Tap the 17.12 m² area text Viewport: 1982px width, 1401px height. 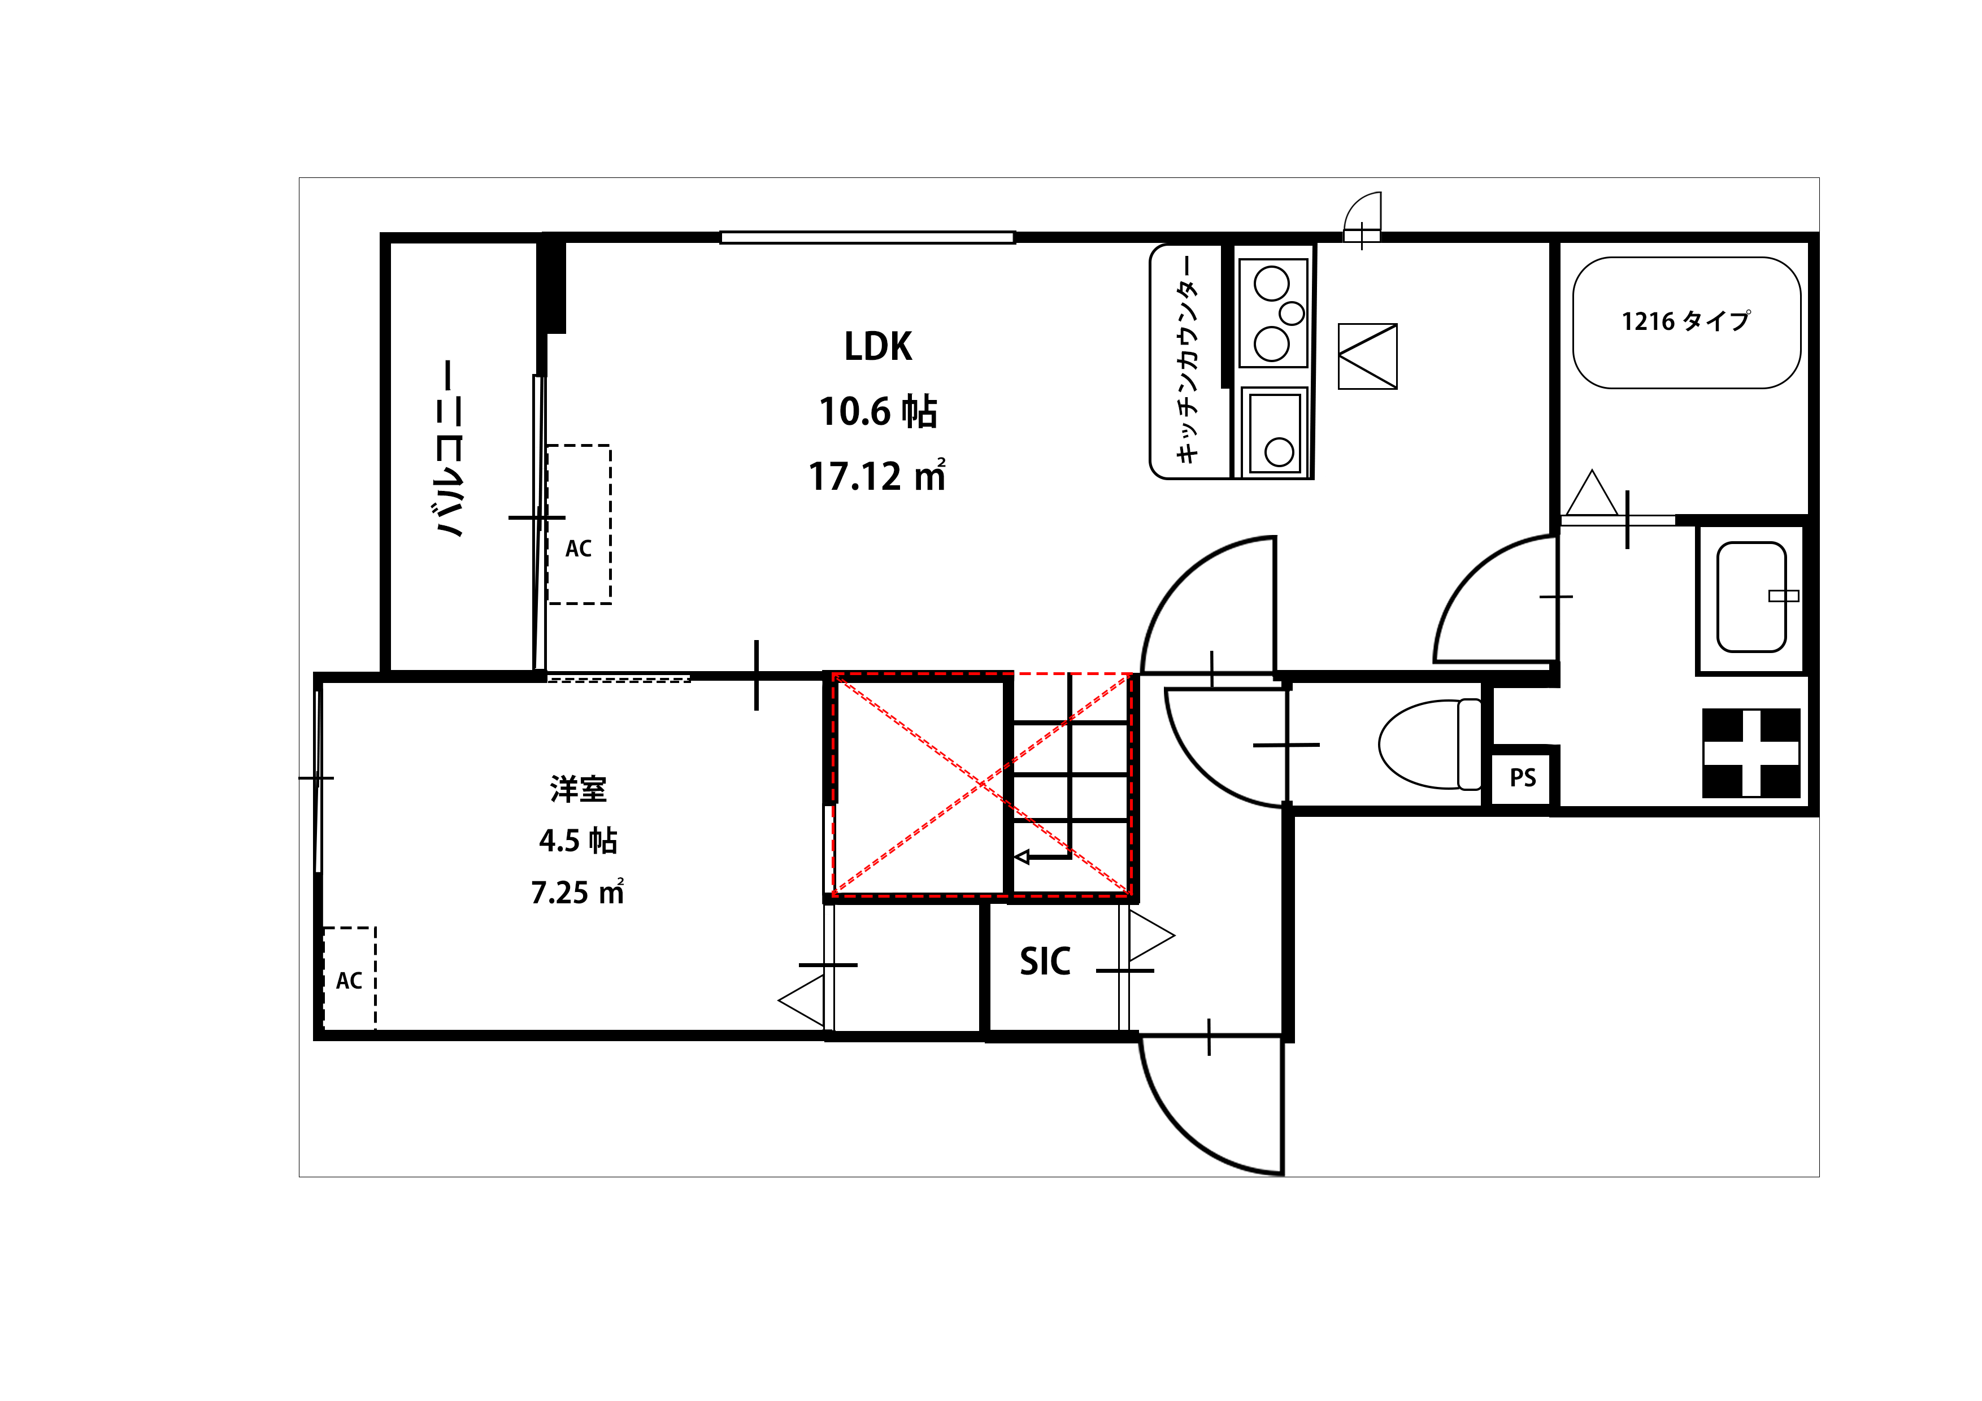point(877,476)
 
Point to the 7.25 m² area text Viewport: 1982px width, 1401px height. point(577,891)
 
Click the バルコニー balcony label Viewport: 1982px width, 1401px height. point(449,449)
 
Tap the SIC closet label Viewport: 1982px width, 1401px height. point(1045,961)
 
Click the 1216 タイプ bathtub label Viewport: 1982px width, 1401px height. point(1686,321)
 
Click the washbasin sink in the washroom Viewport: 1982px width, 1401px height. point(1751,597)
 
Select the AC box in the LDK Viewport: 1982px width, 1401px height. point(579,525)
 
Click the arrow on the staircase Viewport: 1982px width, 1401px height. point(1042,857)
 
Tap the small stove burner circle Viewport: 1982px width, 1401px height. point(1292,312)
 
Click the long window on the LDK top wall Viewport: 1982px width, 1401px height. point(868,237)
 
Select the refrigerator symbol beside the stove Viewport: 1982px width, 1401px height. point(1367,356)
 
